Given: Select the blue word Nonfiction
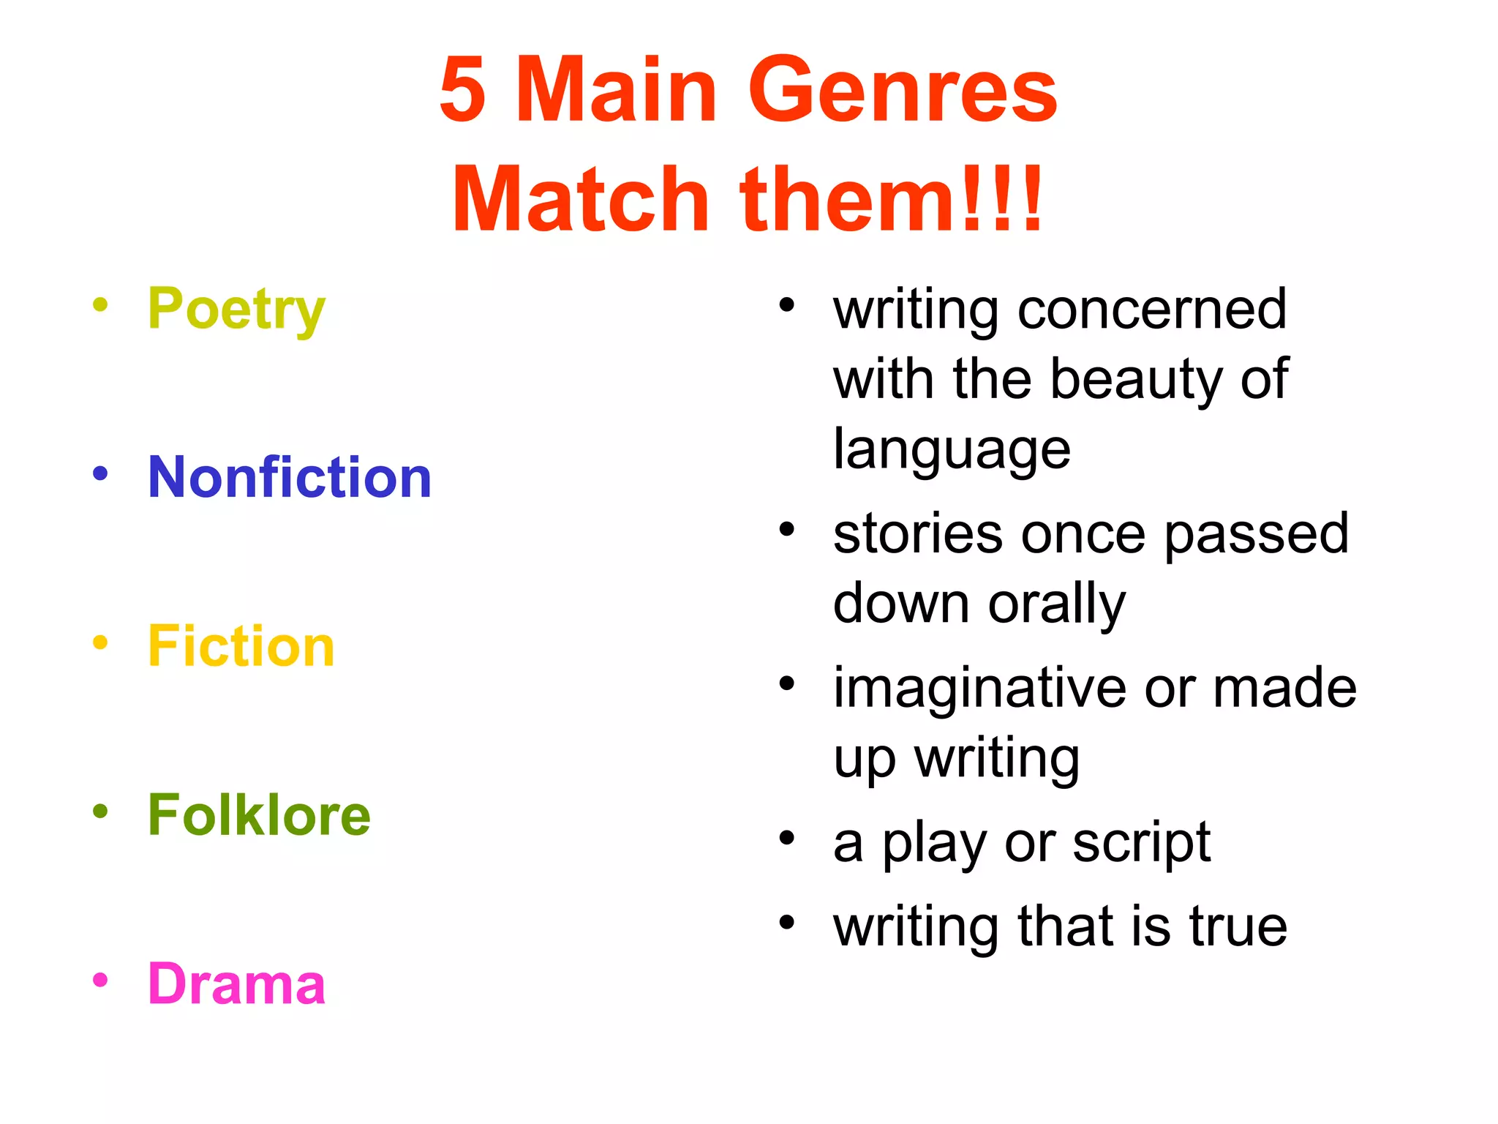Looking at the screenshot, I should pos(290,477).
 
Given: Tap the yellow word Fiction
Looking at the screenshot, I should pos(241,646).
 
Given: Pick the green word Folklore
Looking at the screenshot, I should pos(259,814).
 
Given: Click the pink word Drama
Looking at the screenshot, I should pos(236,983).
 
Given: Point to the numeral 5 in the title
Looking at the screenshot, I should pos(462,91).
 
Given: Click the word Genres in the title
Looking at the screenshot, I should pos(903,91).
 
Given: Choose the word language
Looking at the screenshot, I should pos(952,449).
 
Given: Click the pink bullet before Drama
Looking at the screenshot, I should pos(100,979).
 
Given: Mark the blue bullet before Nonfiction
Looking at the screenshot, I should pos(100,473).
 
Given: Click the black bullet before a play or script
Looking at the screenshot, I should pos(786,838).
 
